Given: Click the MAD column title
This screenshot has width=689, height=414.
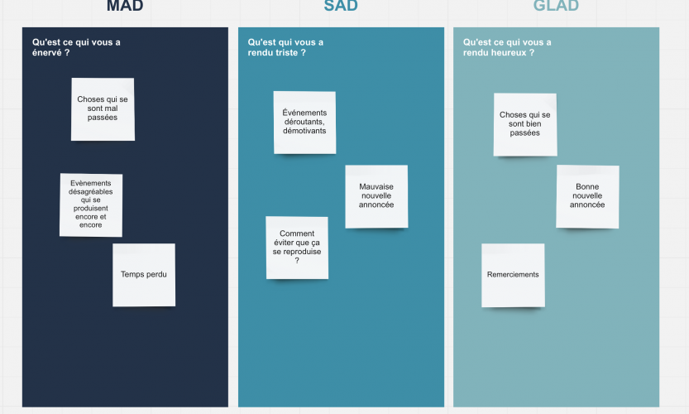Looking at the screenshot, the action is pyautogui.click(x=125, y=6).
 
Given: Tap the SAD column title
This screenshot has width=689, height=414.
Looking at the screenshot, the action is pyautogui.click(x=341, y=6).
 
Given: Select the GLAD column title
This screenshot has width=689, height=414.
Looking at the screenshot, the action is pyautogui.click(x=556, y=6).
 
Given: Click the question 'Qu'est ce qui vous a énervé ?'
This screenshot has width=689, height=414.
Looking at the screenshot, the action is pyautogui.click(x=76, y=47).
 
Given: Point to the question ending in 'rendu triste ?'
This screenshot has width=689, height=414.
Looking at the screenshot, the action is pyautogui.click(x=285, y=47).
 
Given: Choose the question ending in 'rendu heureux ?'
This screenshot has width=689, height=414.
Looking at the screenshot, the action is pyautogui.click(x=507, y=47).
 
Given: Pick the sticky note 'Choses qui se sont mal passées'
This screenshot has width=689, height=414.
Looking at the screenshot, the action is pyautogui.click(x=103, y=109).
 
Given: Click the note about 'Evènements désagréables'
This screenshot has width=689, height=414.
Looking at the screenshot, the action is pyautogui.click(x=91, y=205).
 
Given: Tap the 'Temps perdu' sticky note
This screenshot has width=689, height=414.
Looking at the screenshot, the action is pyautogui.click(x=144, y=275).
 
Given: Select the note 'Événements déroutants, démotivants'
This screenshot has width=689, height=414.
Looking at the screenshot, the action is pyautogui.click(x=304, y=123).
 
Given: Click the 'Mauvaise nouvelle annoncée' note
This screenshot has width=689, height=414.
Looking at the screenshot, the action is pyautogui.click(x=376, y=197).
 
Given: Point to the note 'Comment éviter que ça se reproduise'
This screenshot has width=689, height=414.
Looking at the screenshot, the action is pyautogui.click(x=297, y=248).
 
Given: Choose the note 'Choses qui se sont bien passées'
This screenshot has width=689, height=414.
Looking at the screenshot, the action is pyautogui.click(x=525, y=124).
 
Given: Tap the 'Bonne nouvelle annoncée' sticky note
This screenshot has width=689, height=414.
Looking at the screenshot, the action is pyautogui.click(x=587, y=197).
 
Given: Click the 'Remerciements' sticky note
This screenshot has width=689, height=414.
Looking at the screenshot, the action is pyautogui.click(x=513, y=276).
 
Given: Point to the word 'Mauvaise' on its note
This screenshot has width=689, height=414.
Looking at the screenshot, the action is pyautogui.click(x=376, y=186).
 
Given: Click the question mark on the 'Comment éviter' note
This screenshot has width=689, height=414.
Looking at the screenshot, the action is pyautogui.click(x=297, y=261).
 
